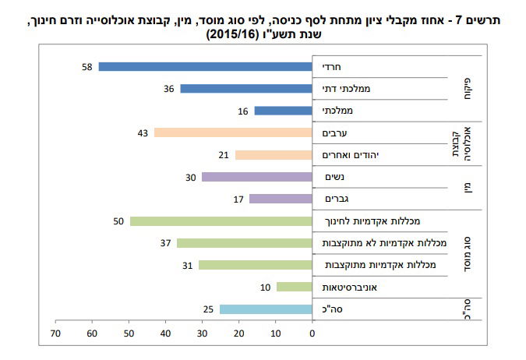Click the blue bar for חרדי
tap(206, 67)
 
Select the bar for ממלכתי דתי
tap(246, 89)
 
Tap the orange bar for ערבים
tap(233, 132)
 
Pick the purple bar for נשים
tap(257, 177)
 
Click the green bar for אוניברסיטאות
tap(294, 287)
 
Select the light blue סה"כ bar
tap(266, 309)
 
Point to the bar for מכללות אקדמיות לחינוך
tap(221, 221)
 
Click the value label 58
tap(87, 67)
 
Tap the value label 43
tap(142, 133)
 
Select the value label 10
tap(265, 288)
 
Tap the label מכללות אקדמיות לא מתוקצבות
tap(379, 244)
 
